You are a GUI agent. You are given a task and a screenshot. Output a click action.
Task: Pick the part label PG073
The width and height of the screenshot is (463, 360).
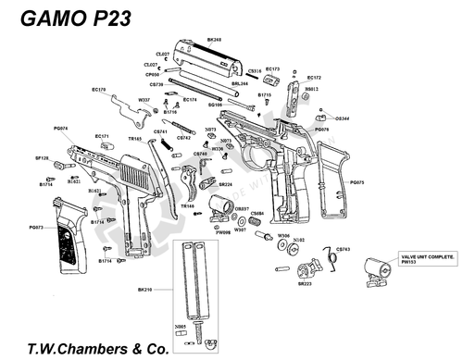(x=37, y=228)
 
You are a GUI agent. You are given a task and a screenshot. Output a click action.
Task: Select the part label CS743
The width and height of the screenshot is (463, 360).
(x=342, y=249)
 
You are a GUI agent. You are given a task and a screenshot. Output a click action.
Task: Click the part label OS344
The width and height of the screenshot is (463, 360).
(x=342, y=118)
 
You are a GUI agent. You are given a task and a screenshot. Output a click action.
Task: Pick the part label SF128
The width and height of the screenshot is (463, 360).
(x=42, y=158)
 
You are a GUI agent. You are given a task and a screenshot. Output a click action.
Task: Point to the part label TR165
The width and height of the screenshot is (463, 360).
(x=135, y=138)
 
